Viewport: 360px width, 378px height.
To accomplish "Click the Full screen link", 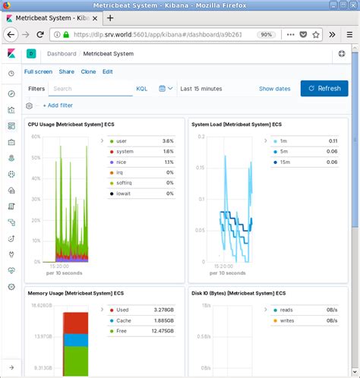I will tap(39, 71).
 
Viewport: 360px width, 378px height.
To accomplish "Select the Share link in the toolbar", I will tap(67, 71).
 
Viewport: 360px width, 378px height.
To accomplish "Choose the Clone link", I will tap(88, 71).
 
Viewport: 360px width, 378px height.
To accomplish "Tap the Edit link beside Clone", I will tap(108, 71).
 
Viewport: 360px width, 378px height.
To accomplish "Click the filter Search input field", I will tap(90, 88).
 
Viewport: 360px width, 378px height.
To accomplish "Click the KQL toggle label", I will tap(142, 89).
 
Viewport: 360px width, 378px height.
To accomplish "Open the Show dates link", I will tap(274, 89).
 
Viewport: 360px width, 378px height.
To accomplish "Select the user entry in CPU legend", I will tap(122, 141).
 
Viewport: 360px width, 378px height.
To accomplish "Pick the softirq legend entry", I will tap(124, 184).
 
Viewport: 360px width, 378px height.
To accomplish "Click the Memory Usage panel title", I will tap(72, 292).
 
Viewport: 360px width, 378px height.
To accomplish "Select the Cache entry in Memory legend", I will tap(123, 320).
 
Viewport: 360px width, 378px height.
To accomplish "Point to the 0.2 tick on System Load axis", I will tap(201, 137).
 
